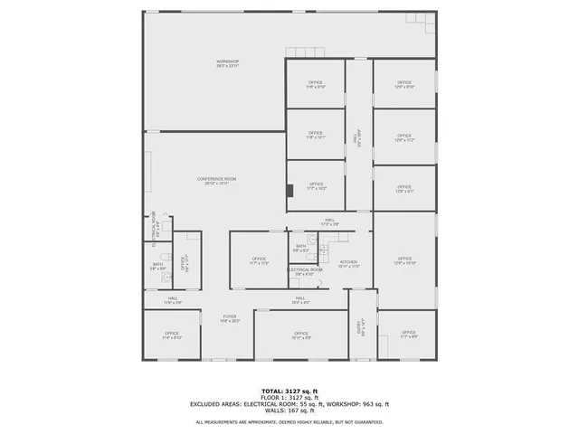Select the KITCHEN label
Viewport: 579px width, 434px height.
349,263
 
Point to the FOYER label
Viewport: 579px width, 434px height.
230,317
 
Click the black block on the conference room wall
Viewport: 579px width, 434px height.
289,191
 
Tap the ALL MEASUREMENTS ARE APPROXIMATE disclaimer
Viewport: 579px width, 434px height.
289,422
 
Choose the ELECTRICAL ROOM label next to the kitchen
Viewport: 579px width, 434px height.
306,269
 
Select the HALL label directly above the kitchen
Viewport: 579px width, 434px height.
330,221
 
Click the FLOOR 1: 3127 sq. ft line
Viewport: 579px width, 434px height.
289,397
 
